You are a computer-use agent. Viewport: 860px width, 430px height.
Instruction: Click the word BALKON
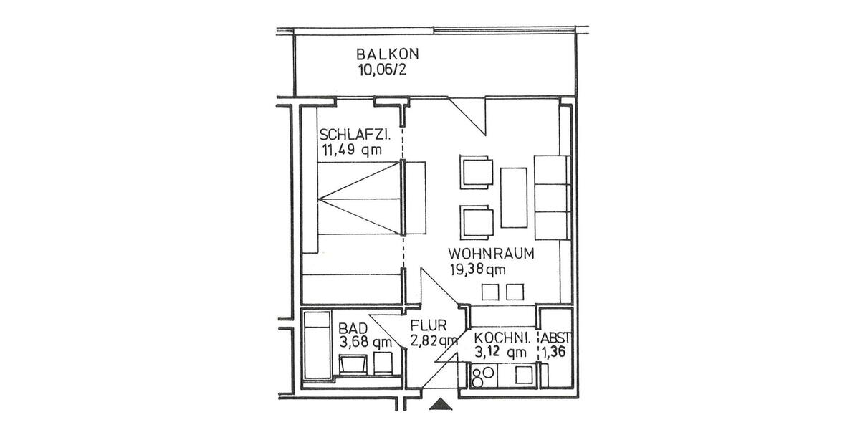pyautogui.click(x=387, y=54)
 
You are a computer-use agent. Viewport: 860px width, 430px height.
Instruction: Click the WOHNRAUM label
pyautogui.click(x=492, y=254)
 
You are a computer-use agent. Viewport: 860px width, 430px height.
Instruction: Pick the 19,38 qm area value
pyautogui.click(x=477, y=269)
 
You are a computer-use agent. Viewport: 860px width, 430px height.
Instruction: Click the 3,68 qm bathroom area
pyautogui.click(x=365, y=342)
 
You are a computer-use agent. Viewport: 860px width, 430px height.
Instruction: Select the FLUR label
pyautogui.click(x=429, y=325)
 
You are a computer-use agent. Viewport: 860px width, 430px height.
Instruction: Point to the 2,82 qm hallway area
pyautogui.click(x=434, y=340)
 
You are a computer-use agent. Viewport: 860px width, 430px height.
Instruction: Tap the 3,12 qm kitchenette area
pyautogui.click(x=500, y=351)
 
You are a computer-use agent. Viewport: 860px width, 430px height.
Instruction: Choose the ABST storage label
pyautogui.click(x=556, y=338)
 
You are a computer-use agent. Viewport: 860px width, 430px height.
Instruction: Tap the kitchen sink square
pyautogui.click(x=525, y=374)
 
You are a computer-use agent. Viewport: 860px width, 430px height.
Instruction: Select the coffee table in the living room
pyautogui.click(x=513, y=196)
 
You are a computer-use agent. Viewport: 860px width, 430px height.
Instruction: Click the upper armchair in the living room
pyautogui.click(x=477, y=173)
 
